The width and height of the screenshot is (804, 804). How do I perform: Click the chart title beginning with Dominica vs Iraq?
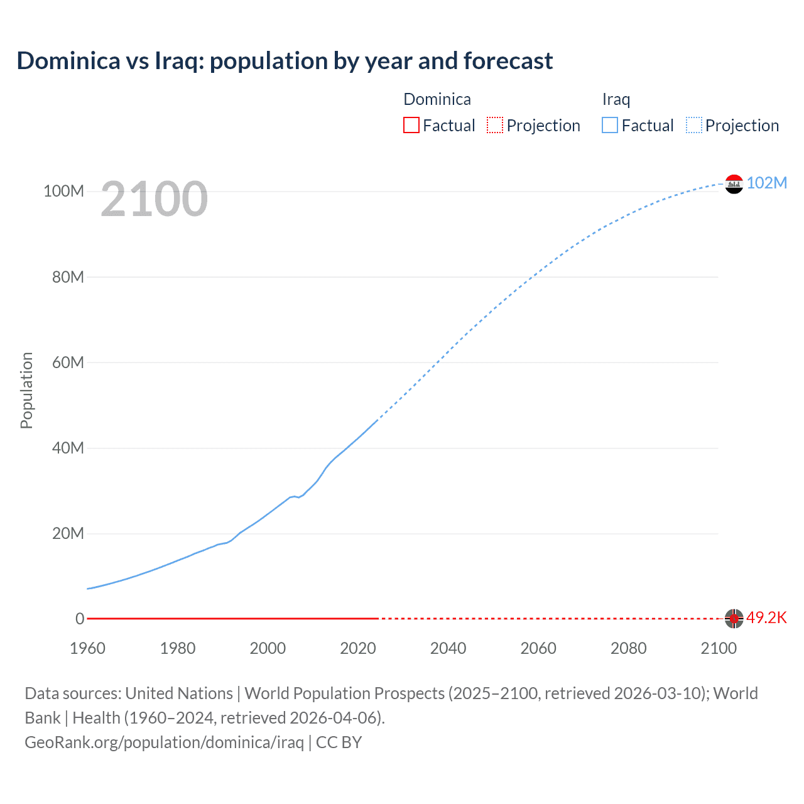pyautogui.click(x=285, y=61)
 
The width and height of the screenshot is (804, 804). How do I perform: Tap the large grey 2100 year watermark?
pyautogui.click(x=154, y=199)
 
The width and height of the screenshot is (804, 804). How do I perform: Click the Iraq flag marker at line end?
pyautogui.click(x=734, y=184)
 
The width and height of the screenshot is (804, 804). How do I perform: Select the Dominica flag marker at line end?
pyautogui.click(x=734, y=619)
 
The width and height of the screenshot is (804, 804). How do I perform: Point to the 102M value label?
pyautogui.click(x=766, y=183)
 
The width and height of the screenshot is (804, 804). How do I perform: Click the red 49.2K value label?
pyautogui.click(x=766, y=618)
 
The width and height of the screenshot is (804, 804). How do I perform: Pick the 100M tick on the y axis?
pyautogui.click(x=63, y=192)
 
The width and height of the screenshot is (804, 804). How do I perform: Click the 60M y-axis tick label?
pyautogui.click(x=68, y=362)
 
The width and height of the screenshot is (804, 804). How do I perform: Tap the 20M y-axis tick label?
pyautogui.click(x=68, y=534)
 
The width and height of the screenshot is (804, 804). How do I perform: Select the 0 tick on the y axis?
pyautogui.click(x=80, y=619)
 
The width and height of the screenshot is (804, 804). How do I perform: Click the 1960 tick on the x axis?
pyautogui.click(x=87, y=648)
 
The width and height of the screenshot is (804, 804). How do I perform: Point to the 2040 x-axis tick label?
pyautogui.click(x=448, y=648)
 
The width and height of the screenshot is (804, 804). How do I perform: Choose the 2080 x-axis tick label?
pyautogui.click(x=628, y=648)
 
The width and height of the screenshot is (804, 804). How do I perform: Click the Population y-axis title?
pyautogui.click(x=26, y=390)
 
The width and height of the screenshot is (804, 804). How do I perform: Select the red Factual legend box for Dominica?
pyautogui.click(x=411, y=126)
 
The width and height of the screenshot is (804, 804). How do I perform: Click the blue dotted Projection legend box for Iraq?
pyautogui.click(x=694, y=126)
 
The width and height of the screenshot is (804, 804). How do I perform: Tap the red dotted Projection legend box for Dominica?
pyautogui.click(x=495, y=126)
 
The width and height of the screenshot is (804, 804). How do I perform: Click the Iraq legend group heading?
pyautogui.click(x=616, y=99)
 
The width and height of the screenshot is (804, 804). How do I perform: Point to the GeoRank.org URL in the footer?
pyautogui.click(x=164, y=742)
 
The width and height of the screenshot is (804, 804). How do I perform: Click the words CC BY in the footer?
pyautogui.click(x=339, y=742)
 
